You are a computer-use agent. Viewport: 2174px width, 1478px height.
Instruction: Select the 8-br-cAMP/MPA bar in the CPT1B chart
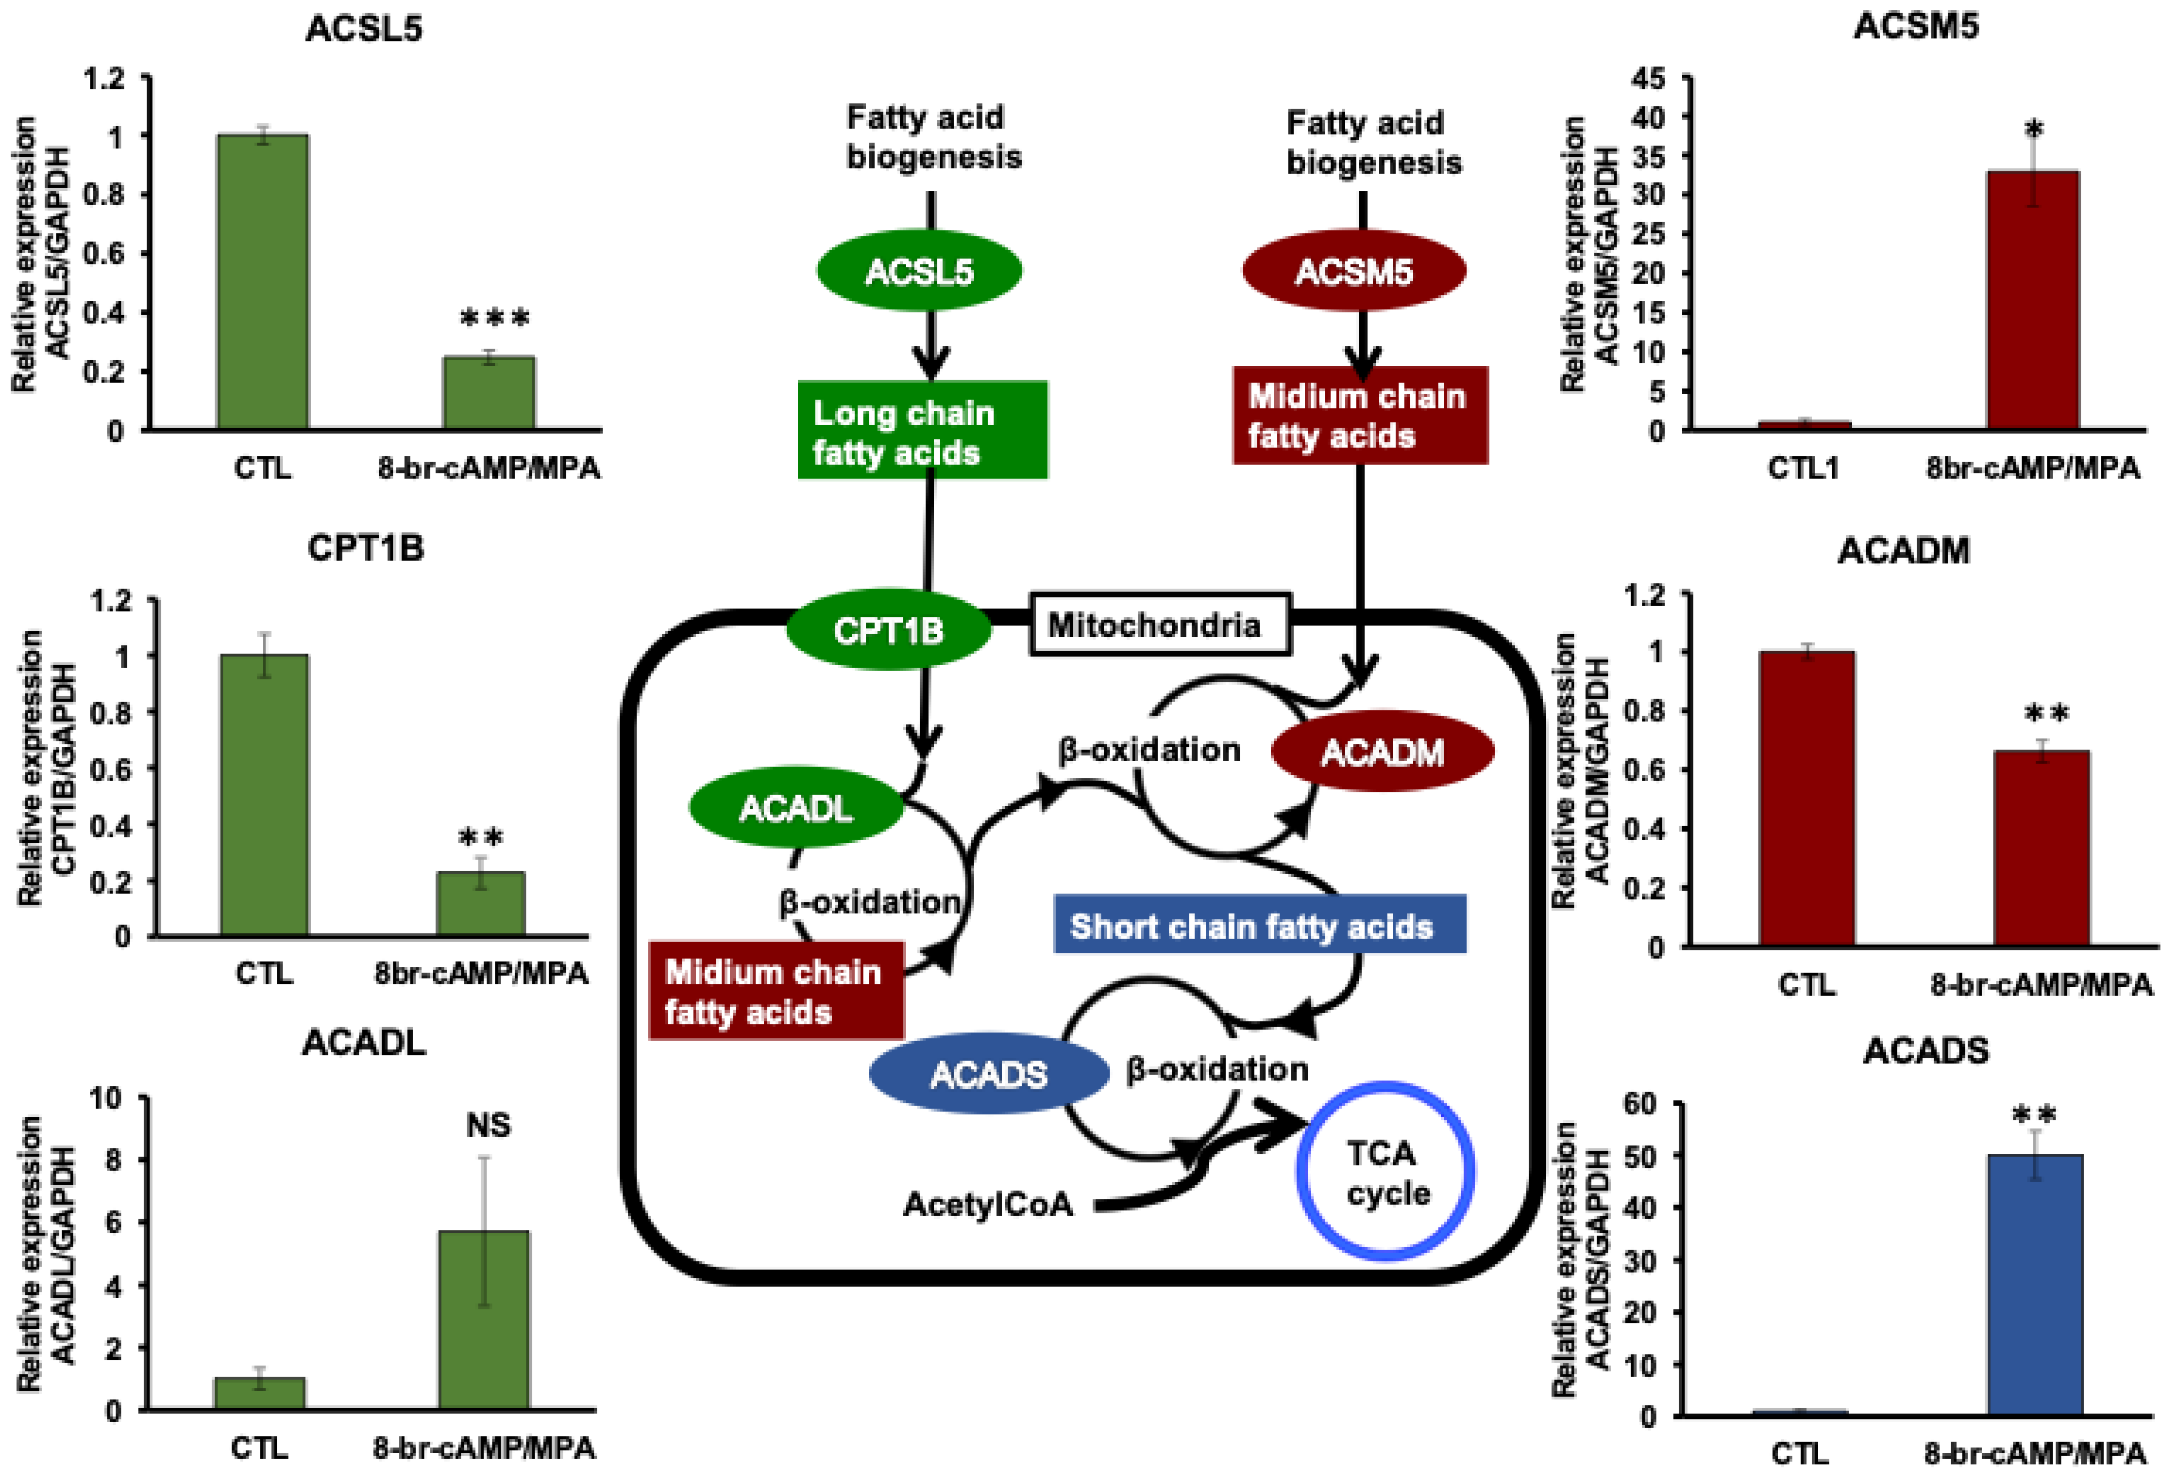point(481,903)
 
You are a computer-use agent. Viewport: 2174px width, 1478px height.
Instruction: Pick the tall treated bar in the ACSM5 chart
point(2033,299)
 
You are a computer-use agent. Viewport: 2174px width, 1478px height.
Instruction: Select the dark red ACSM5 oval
point(1353,271)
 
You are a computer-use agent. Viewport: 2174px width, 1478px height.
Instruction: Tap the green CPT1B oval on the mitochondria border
point(888,631)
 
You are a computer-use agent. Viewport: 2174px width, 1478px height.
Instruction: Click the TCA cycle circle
point(1385,1172)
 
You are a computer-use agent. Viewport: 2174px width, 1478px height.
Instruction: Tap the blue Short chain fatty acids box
point(1259,926)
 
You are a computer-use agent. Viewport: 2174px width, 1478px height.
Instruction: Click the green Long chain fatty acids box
point(922,430)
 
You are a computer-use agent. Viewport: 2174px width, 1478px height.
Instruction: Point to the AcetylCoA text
point(988,1204)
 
